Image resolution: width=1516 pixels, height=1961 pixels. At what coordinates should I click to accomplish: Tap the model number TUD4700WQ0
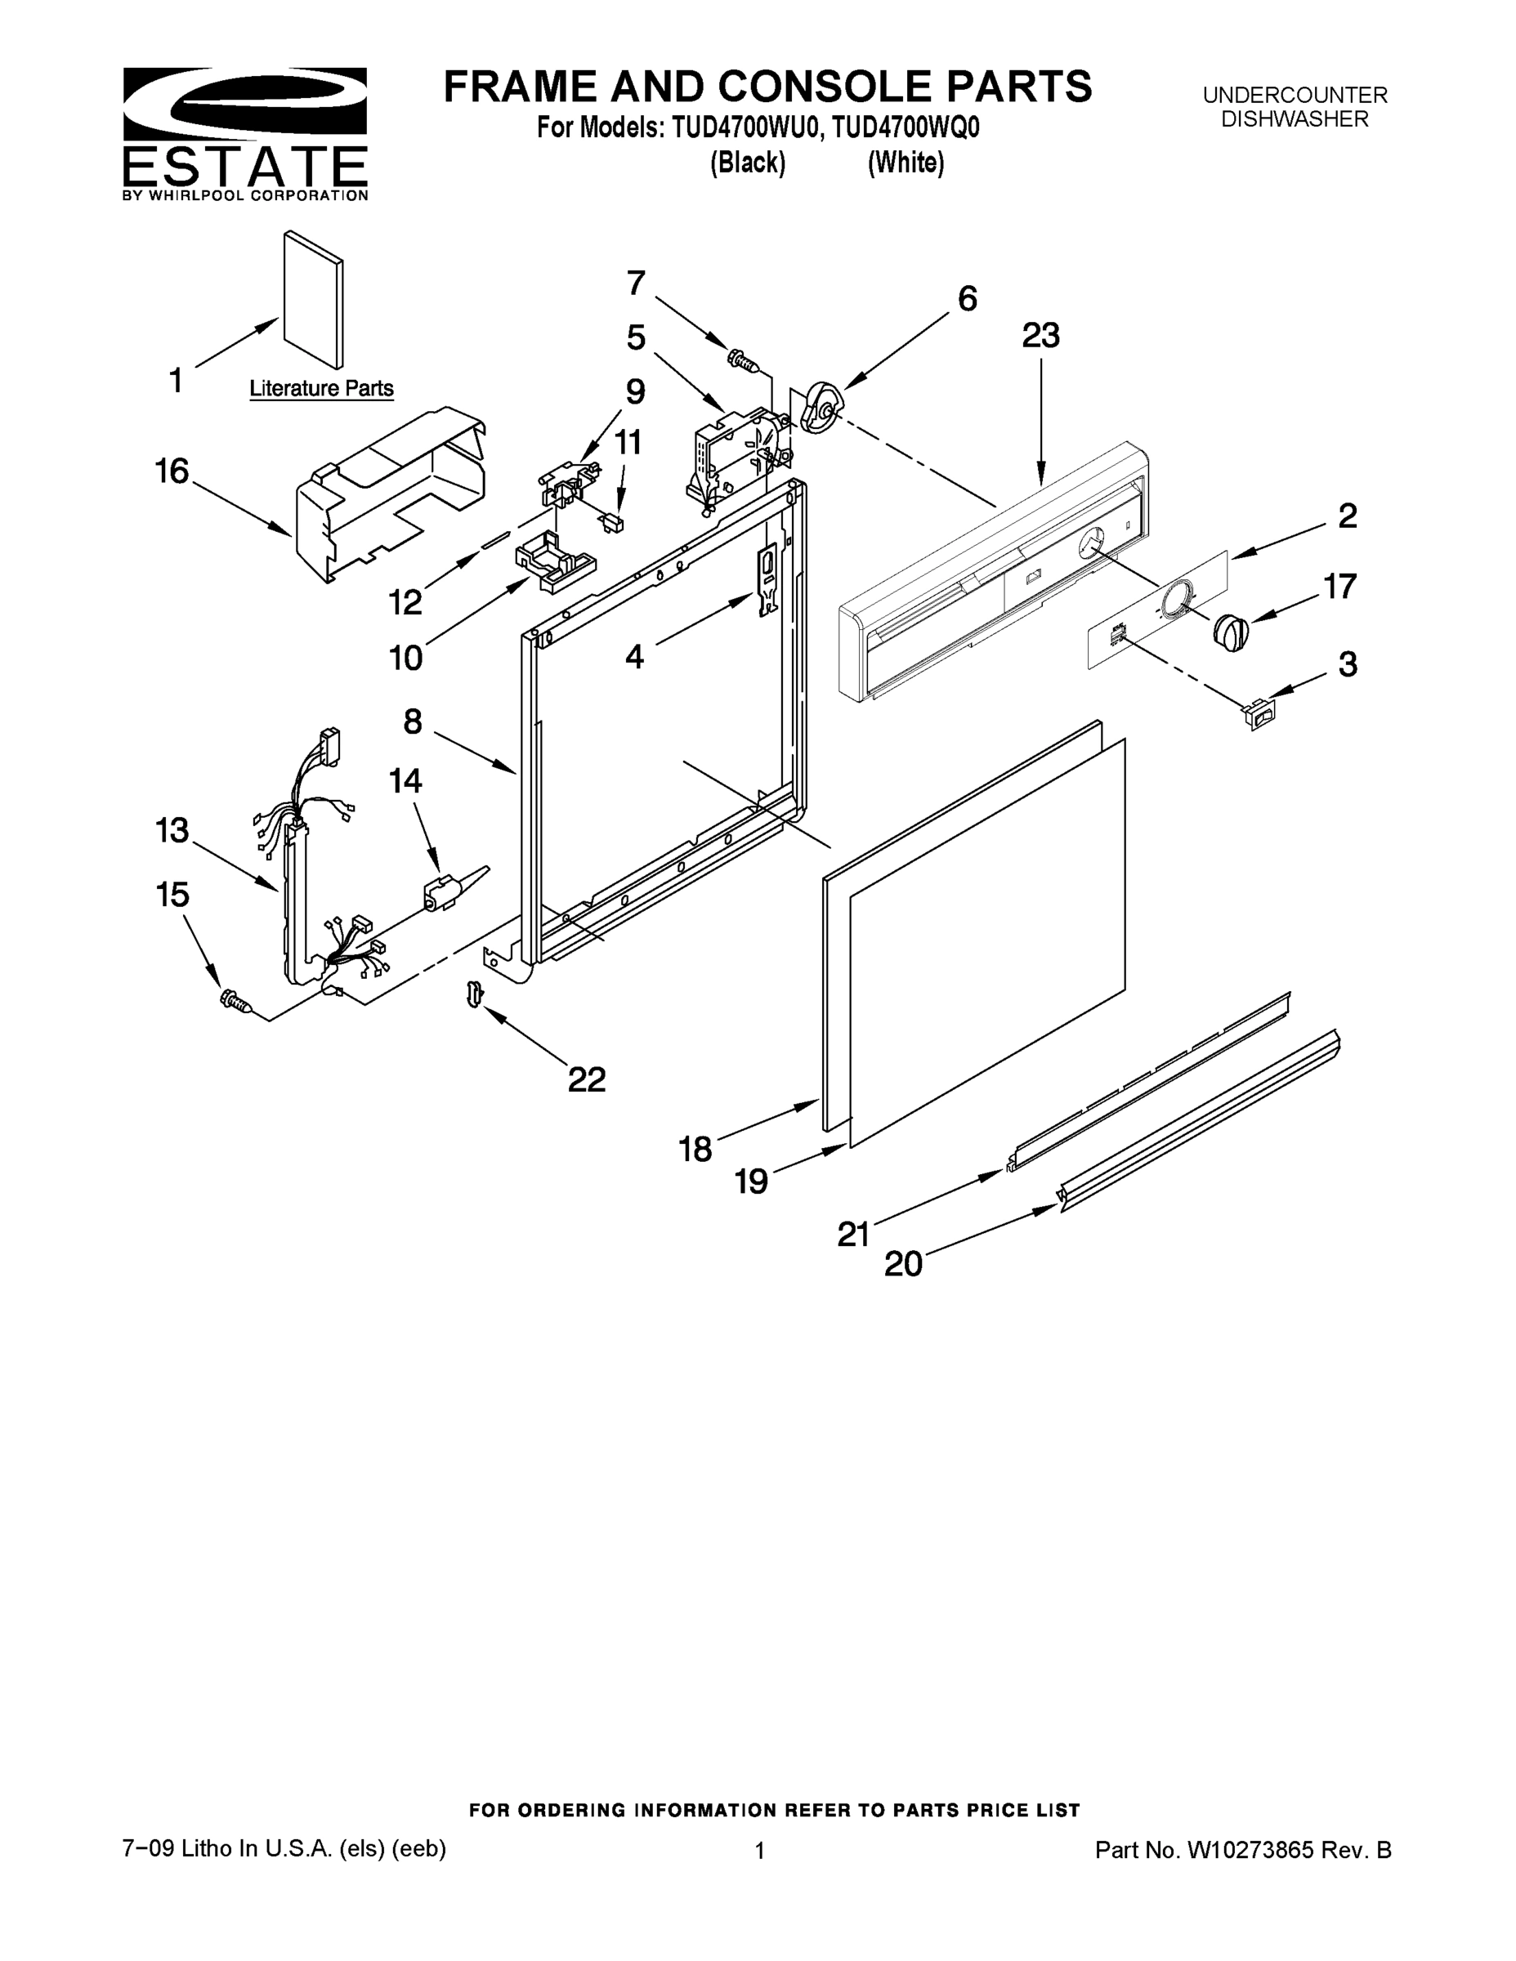tap(905, 128)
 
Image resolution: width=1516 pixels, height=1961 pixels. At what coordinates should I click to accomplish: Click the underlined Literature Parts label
tap(320, 389)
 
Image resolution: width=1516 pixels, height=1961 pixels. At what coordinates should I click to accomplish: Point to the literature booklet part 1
tap(312, 299)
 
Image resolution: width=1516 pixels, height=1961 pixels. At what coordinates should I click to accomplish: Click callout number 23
tap(1040, 336)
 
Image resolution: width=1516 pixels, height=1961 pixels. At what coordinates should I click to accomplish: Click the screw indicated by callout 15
tap(235, 1000)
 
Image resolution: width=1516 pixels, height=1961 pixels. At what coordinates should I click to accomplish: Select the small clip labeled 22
tap(474, 993)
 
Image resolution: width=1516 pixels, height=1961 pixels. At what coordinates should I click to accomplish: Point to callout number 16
tap(172, 471)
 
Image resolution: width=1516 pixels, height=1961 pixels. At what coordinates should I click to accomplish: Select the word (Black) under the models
tap(747, 163)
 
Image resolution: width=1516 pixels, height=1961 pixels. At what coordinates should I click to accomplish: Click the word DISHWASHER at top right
tap(1295, 119)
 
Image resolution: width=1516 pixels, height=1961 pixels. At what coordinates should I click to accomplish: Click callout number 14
tap(405, 781)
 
